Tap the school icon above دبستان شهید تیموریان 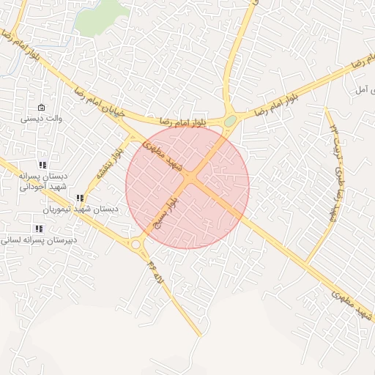coord(80,198)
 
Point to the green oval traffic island coord(231,120)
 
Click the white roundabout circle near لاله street coord(135,245)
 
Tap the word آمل coord(361,89)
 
